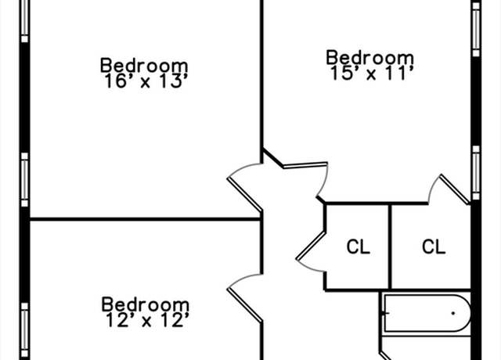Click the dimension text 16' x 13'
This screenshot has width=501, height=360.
point(146,81)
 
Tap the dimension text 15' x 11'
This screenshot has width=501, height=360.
point(372,74)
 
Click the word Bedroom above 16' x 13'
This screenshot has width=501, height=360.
point(144,66)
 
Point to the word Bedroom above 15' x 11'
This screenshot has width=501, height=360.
point(370,58)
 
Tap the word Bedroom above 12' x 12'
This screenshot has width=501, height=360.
point(146,304)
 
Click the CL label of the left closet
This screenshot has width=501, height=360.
point(359,247)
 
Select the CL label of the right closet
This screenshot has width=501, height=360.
point(434,247)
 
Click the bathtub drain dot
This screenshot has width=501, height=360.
point(453,313)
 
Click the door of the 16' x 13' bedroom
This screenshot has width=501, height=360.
point(244,194)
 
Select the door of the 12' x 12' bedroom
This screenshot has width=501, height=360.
point(244,305)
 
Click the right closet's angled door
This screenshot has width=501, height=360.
point(455,189)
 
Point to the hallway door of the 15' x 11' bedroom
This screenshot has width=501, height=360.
point(305,165)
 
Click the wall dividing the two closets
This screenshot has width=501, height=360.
point(390,247)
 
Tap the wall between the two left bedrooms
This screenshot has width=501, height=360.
point(146,219)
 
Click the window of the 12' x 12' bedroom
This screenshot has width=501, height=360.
point(24,330)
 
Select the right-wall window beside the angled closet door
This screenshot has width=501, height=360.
point(476,173)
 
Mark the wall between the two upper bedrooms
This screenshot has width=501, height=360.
point(261,81)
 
